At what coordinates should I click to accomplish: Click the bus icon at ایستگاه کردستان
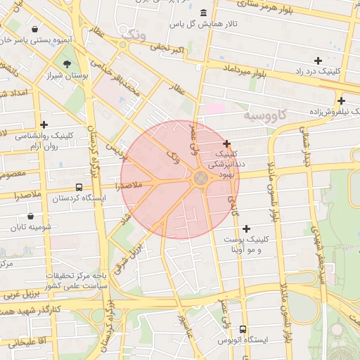pyautogui.click(x=78, y=188)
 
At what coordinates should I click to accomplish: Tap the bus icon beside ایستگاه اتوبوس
pyautogui.click(x=243, y=329)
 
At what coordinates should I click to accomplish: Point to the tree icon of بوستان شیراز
pyautogui.click(x=67, y=64)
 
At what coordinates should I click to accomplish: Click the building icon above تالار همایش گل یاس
pyautogui.click(x=203, y=13)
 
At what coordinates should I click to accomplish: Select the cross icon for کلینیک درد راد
pyautogui.click(x=319, y=61)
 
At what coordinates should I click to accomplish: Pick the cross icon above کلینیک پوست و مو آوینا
pyautogui.click(x=246, y=229)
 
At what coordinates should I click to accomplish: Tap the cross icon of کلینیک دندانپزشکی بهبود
pyautogui.click(x=226, y=143)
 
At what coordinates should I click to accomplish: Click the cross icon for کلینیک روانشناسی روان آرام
pyautogui.click(x=44, y=124)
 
